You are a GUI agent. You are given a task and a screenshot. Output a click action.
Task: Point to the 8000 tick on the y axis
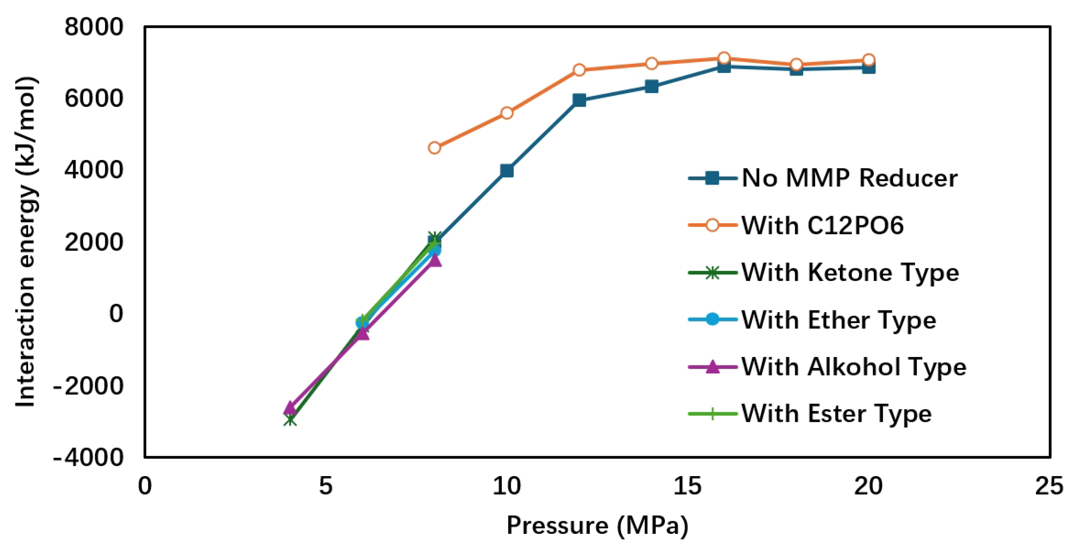pos(94,27)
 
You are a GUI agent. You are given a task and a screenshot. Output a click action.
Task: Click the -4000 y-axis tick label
pos(88,458)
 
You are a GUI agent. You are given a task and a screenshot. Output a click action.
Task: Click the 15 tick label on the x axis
pos(688,486)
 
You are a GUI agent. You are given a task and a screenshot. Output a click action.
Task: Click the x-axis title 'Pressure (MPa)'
pos(597,525)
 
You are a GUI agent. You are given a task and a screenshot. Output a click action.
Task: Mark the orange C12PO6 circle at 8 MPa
pos(435,148)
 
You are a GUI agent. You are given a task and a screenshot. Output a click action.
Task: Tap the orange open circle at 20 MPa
pos(869,60)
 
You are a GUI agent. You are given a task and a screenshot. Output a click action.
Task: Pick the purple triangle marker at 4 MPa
pos(290,407)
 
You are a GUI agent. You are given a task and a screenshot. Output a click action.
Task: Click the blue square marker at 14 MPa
pos(651,87)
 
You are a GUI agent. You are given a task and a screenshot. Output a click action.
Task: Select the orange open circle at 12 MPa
pos(579,70)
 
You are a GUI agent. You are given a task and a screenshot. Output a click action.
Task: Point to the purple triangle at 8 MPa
pos(435,260)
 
